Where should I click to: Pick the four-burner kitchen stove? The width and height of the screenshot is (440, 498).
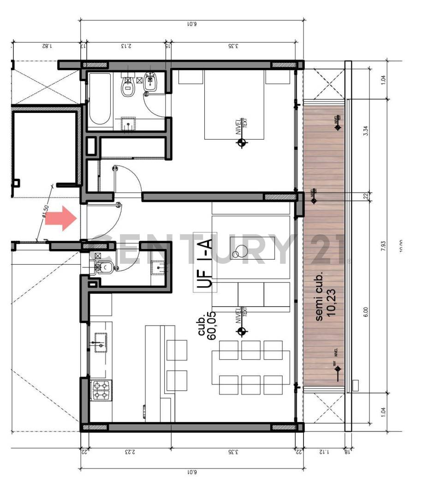tap(101, 390)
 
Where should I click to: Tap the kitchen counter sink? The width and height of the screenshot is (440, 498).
tap(101, 342)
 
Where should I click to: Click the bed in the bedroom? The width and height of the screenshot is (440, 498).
tap(234, 105)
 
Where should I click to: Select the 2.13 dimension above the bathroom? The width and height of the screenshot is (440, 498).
tap(126, 46)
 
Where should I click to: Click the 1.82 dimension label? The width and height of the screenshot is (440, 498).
tap(46, 46)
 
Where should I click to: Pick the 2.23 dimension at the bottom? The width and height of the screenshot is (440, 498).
tap(130, 452)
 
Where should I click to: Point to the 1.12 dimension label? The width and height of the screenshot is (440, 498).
tap(324, 452)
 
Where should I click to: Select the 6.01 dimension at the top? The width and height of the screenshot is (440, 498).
tap(192, 24)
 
